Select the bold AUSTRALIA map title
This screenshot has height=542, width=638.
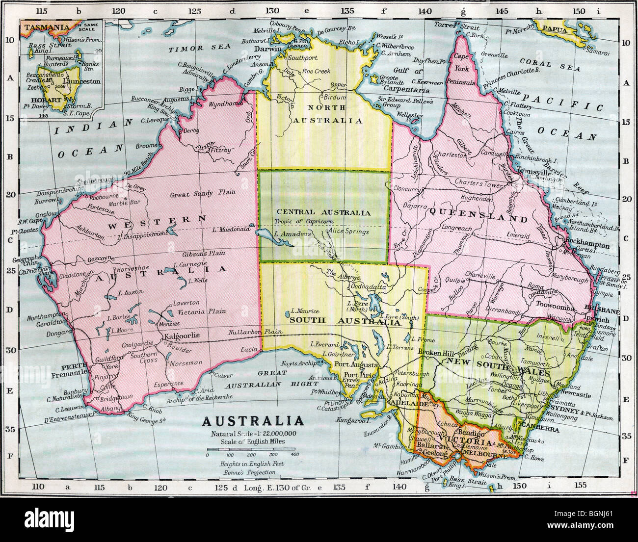coord(253,421)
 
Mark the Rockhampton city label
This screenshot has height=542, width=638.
coord(587,245)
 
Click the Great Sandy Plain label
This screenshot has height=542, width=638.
coord(192,194)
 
